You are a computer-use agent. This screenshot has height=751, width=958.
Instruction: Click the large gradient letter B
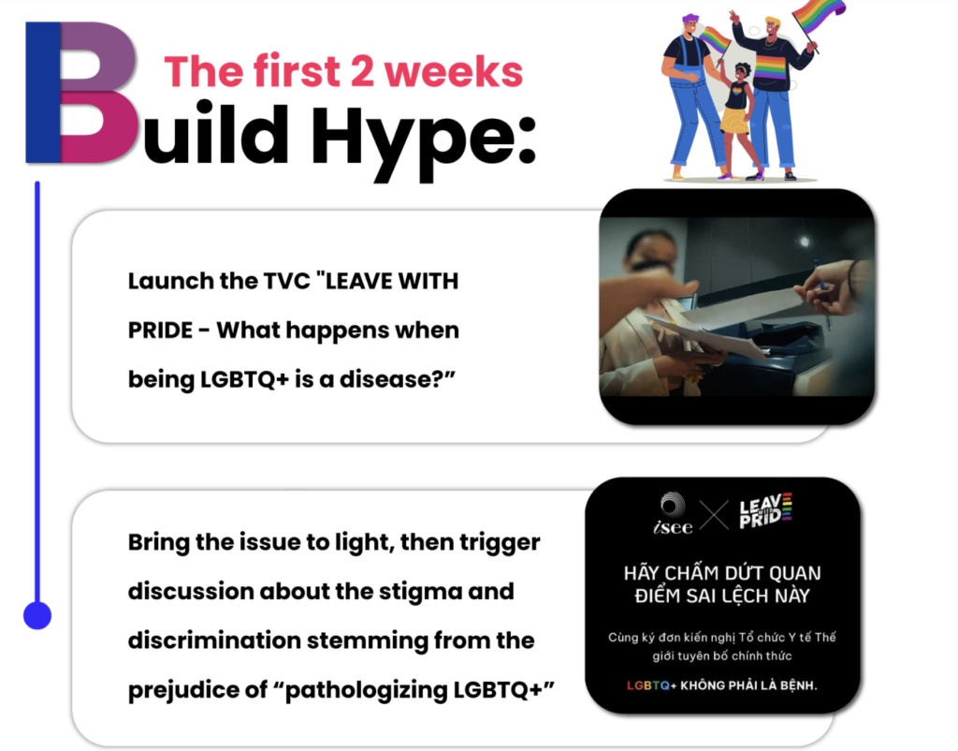pyautogui.click(x=80, y=93)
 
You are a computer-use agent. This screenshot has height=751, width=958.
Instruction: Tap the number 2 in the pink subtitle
pyautogui.click(x=362, y=71)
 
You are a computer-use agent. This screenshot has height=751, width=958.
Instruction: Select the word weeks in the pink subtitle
pyautogui.click(x=453, y=71)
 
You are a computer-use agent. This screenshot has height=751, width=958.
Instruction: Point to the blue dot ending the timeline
pyautogui.click(x=37, y=614)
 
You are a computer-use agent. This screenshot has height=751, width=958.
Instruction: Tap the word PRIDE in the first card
pyautogui.click(x=160, y=331)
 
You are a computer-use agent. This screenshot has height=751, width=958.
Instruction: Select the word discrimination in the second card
pyautogui.click(x=214, y=641)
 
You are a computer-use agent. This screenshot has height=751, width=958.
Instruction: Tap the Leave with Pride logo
pyautogui.click(x=765, y=510)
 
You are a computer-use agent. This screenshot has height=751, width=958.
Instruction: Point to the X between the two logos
pyautogui.click(x=714, y=515)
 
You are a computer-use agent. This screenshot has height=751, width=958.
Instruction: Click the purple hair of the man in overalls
pyautogui.click(x=690, y=19)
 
